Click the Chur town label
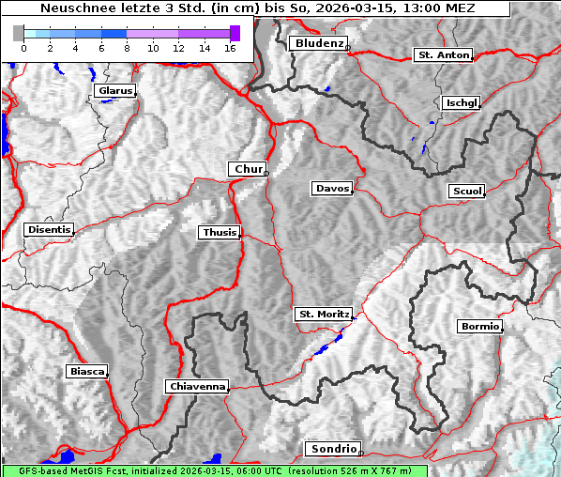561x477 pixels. pos(248,169)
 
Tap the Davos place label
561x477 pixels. pos(331,189)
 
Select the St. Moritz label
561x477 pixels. pos(323,314)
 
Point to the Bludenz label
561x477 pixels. pos(317,43)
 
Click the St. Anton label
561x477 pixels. pos(442,55)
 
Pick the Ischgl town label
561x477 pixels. pos(461,102)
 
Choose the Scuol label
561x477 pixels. pos(466,191)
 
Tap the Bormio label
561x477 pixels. pos(479,327)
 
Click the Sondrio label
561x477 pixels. pos(332,449)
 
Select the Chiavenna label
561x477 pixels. pos(196,386)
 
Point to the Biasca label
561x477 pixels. pos(86,371)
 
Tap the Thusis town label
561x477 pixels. pos(219,232)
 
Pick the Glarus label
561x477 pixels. pos(114,91)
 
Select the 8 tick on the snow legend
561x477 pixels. pos(127,48)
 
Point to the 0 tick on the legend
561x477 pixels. pos(23,48)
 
